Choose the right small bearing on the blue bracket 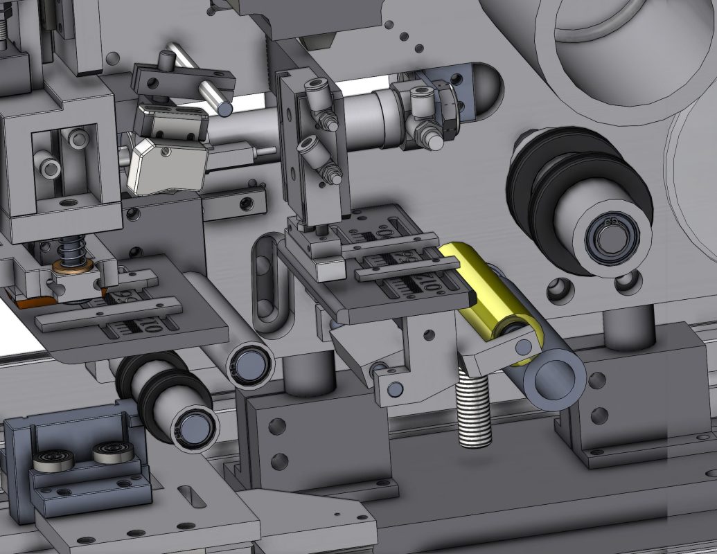pos(110,454)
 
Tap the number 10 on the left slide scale pos(145,325)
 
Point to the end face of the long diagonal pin pos(225,109)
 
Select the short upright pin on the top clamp pos(168,60)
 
